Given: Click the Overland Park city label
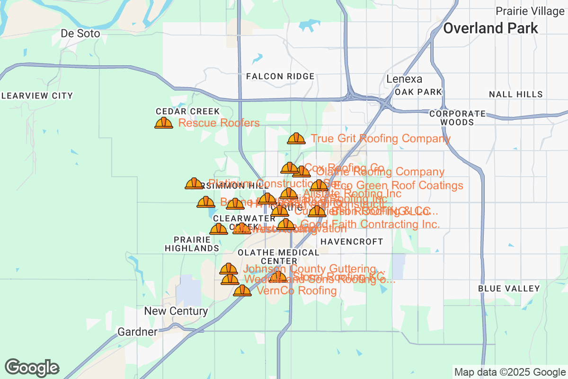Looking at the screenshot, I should pyautogui.click(x=490, y=28).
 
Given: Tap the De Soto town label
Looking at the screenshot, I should pyautogui.click(x=80, y=34).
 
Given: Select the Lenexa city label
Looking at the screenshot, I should pyautogui.click(x=404, y=79).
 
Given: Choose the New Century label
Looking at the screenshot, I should pyautogui.click(x=176, y=311).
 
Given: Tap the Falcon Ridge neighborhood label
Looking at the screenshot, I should pyautogui.click(x=280, y=76).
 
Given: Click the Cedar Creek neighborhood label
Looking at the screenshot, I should pyautogui.click(x=187, y=111).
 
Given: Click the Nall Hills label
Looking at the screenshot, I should pyautogui.click(x=515, y=95).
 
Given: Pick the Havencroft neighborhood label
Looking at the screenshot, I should pyautogui.click(x=352, y=242).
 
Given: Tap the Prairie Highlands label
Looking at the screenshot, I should pyautogui.click(x=192, y=244).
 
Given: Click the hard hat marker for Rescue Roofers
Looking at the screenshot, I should pyautogui.click(x=164, y=123).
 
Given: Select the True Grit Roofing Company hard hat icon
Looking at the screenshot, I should pyautogui.click(x=296, y=138).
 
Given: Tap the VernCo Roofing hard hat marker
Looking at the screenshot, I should pyautogui.click(x=242, y=290).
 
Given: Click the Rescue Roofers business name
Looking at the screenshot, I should pyautogui.click(x=219, y=123).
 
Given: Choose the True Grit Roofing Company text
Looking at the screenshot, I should pyautogui.click(x=380, y=138).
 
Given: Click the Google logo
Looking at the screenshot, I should pyautogui.click(x=32, y=368).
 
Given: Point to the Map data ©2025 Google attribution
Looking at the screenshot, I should pyautogui.click(x=510, y=372).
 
